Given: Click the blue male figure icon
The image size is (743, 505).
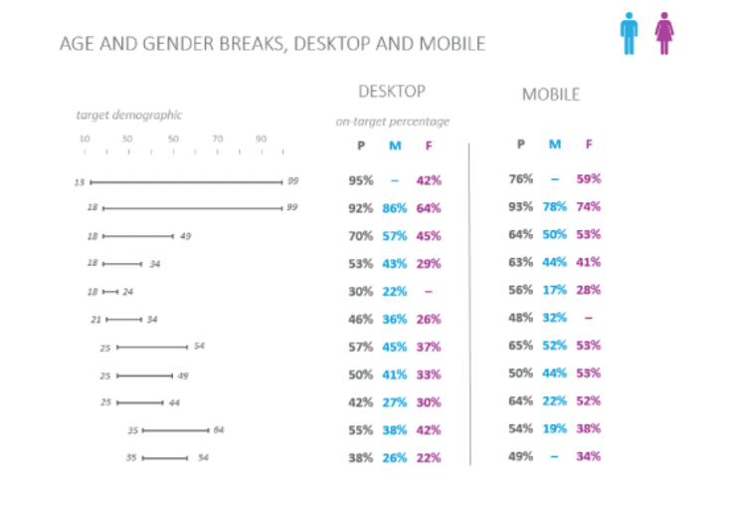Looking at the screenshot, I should click(629, 33).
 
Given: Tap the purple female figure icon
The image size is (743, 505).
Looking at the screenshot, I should click(663, 33).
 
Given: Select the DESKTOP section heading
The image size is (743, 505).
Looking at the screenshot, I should click(392, 92).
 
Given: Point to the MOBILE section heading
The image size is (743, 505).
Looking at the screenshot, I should click(551, 95).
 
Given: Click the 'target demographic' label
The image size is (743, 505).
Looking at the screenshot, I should click(129, 116).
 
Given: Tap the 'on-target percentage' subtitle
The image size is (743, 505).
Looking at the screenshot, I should click(393, 122).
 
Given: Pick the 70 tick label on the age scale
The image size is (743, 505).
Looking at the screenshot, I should click(217, 138).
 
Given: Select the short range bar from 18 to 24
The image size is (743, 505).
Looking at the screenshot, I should click(110, 293).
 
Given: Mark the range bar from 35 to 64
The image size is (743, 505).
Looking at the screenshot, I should click(176, 430).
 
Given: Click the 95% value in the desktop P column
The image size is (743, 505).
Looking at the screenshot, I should click(360, 180).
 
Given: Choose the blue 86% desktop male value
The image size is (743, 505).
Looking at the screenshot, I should click(394, 208).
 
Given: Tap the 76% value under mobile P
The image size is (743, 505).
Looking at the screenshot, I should click(520, 179).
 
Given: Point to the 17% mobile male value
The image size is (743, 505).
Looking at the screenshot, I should click(554, 291).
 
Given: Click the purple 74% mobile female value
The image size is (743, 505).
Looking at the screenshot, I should click(588, 207).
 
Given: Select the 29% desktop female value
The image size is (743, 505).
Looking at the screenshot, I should click(429, 264).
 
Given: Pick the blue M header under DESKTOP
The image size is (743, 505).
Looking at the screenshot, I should click(395, 146).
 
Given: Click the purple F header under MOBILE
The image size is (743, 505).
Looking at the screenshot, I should click(589, 143).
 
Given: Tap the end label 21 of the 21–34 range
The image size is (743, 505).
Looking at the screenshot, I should click(95, 320).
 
